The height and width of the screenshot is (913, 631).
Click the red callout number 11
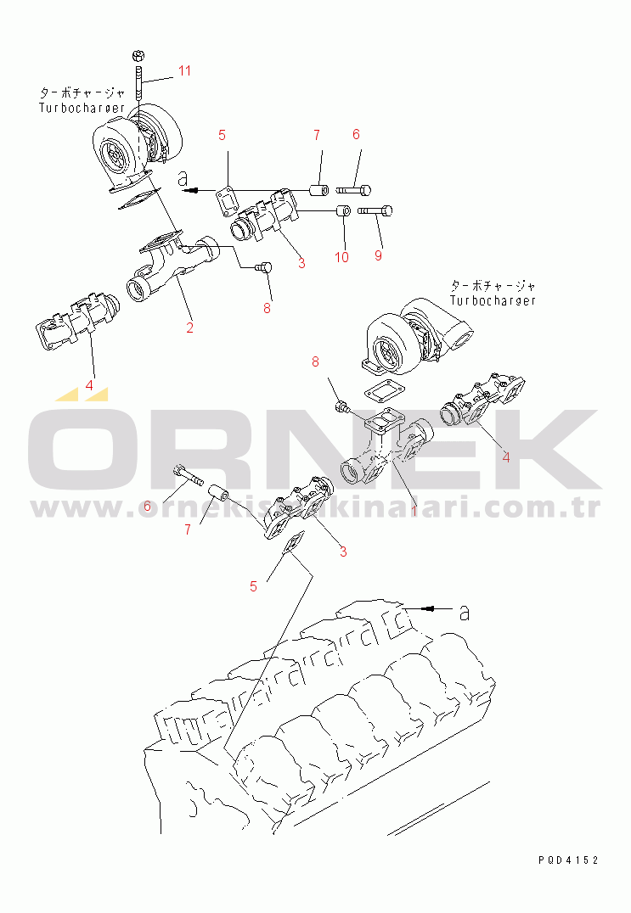(x=184, y=71)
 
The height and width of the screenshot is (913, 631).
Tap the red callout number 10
(x=341, y=257)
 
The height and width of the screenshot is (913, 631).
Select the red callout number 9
(x=378, y=255)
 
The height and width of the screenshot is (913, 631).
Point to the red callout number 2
(x=189, y=328)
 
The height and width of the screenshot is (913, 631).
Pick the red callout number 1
(x=414, y=511)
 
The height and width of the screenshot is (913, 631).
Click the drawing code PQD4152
(x=568, y=860)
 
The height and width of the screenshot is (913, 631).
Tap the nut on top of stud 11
(x=138, y=56)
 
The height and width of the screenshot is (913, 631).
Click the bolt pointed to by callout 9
(x=375, y=210)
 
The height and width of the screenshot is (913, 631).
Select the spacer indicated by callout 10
(x=343, y=210)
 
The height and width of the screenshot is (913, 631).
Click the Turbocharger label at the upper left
(x=82, y=108)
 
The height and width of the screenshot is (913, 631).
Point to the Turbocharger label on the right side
(x=493, y=300)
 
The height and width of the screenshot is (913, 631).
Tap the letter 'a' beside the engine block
(x=464, y=612)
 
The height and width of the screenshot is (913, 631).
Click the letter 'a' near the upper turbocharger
(x=183, y=177)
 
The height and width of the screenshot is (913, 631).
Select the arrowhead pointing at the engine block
(x=430, y=608)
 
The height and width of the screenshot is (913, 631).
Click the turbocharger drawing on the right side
(x=419, y=336)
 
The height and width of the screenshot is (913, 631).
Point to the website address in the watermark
(x=315, y=508)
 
